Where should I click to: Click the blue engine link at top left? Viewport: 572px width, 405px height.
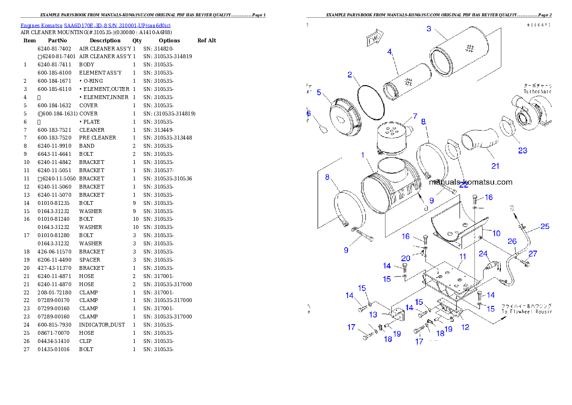coord(95,25)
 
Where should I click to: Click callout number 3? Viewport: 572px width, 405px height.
coord(429,29)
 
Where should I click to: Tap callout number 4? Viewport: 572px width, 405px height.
coord(389,51)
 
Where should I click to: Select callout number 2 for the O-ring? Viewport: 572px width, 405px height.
coord(350,75)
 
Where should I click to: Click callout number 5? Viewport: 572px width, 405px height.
coord(319,92)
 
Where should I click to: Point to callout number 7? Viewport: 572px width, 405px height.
coord(415,117)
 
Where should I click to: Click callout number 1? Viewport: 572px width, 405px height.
coord(363,155)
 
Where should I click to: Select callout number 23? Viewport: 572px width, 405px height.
coord(522,150)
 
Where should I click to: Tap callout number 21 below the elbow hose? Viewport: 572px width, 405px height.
coord(495,166)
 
